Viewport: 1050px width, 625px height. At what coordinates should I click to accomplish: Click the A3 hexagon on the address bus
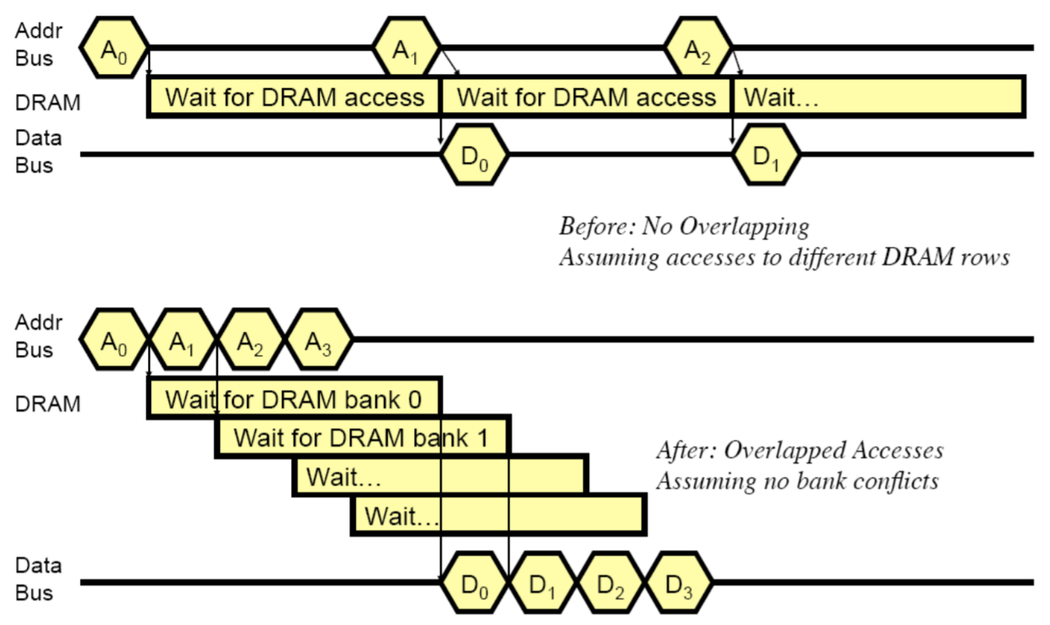click(319, 340)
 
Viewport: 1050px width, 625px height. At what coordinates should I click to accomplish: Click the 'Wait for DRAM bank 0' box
click(294, 399)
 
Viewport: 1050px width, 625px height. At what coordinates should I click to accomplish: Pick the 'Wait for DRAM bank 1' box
click(362, 437)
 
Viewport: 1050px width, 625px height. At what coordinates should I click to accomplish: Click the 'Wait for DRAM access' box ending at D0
click(294, 97)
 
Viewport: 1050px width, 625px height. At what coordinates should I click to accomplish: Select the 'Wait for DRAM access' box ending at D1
click(586, 97)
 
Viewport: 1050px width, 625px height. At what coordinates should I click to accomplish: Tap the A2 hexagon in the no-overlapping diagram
click(698, 48)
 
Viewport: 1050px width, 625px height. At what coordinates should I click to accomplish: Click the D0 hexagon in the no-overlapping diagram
click(474, 154)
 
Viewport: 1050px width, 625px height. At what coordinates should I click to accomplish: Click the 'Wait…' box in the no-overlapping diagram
click(877, 97)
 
